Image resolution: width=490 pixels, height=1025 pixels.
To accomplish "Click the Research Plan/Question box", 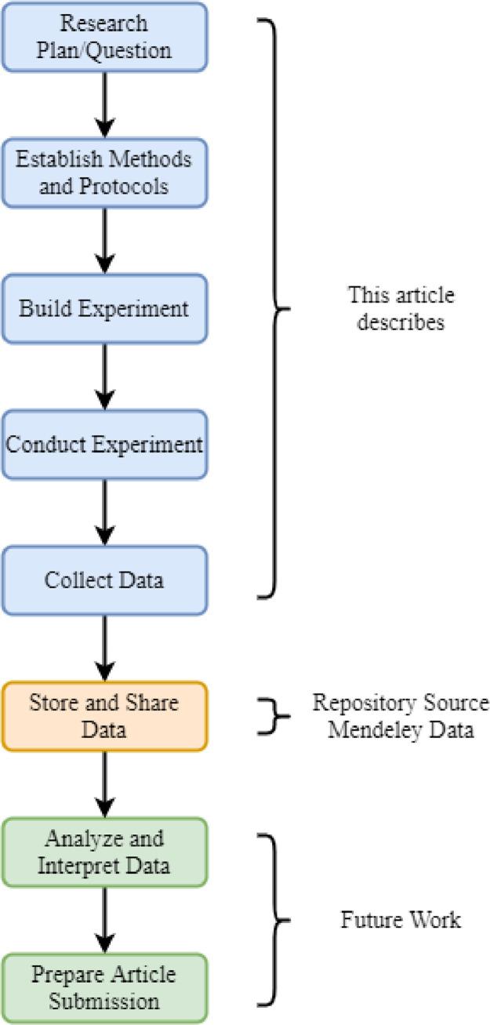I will [104, 35].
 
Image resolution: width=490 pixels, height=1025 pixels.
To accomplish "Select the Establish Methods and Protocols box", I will [104, 173].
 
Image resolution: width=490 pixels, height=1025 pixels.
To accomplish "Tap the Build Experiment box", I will [104, 308].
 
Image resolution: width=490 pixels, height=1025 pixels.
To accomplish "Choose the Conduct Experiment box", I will [104, 445].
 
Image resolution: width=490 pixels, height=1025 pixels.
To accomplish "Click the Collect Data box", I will [104, 580].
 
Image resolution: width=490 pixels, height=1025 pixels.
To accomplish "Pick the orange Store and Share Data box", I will [104, 716].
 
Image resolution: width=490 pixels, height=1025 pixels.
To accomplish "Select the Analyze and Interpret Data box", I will [104, 852].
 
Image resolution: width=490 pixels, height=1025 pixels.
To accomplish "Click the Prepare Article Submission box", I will [104, 988].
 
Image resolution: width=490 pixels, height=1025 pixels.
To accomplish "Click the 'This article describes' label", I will [401, 309].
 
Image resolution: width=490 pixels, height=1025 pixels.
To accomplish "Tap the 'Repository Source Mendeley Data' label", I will [401, 716].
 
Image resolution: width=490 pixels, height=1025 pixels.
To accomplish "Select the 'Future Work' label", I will [401, 920].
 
